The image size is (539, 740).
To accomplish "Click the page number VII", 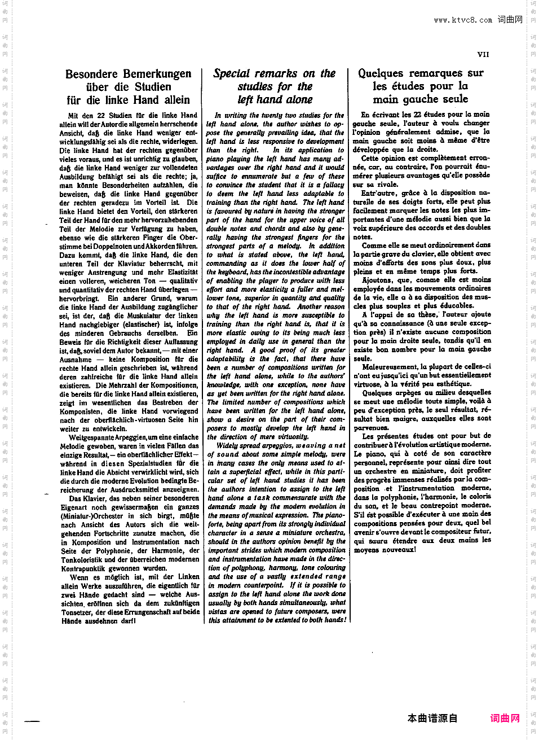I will [x=483, y=55].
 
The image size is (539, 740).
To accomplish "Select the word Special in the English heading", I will [x=231, y=73].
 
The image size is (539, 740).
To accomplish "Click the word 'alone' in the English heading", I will [x=297, y=100].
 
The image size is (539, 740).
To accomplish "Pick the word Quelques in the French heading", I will [x=380, y=73].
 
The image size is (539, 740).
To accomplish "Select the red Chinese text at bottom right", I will [x=505, y=718].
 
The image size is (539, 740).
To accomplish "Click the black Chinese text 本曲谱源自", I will [x=432, y=718].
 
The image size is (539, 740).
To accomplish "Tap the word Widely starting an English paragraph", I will [x=227, y=445].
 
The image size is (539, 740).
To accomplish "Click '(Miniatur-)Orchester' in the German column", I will [x=92, y=516].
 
